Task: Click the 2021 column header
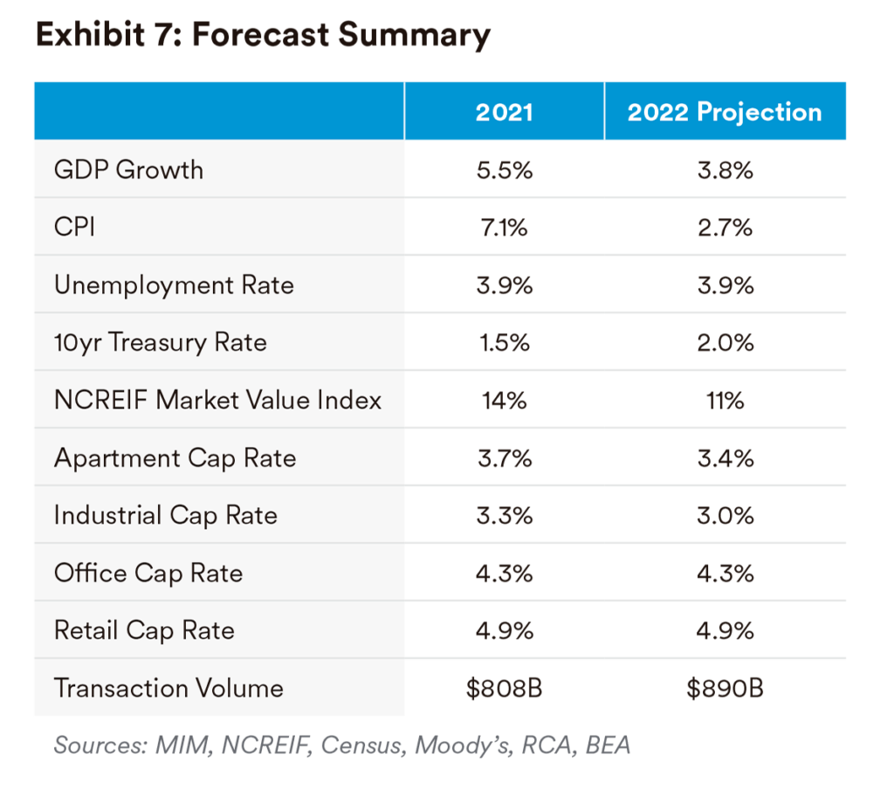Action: click(504, 113)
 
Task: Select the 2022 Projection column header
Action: click(725, 113)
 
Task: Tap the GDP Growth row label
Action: click(128, 169)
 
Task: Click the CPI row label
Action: click(74, 227)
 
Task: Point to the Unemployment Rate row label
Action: click(174, 285)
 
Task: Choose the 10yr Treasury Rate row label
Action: click(161, 342)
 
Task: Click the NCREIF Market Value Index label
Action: click(218, 400)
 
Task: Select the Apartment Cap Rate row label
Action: click(175, 457)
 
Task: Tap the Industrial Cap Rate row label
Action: click(166, 515)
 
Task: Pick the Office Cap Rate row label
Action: click(148, 573)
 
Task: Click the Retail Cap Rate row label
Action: click(144, 630)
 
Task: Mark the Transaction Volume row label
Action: click(168, 688)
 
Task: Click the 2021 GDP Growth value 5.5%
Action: click(504, 169)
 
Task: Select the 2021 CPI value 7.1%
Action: click(504, 227)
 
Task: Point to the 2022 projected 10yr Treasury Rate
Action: click(725, 342)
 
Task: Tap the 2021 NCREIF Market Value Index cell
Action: click(504, 400)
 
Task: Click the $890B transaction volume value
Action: click(725, 688)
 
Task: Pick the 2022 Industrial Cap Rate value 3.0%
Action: click(725, 515)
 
